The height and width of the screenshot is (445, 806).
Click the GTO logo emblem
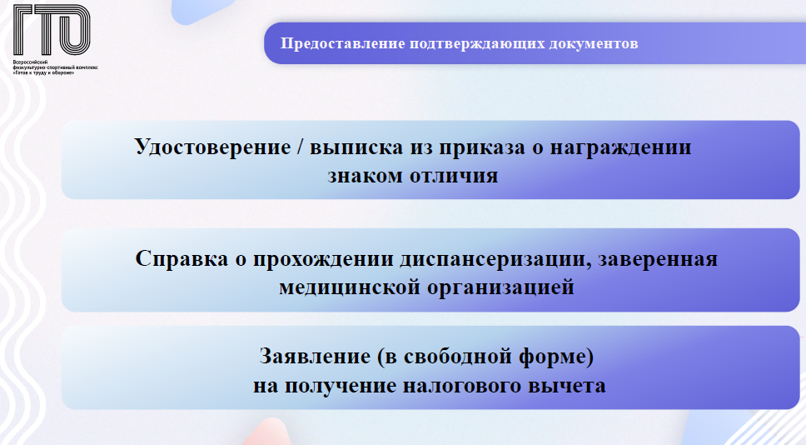click(52, 30)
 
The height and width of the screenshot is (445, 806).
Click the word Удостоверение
click(213, 147)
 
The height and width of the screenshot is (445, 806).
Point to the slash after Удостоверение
click(301, 147)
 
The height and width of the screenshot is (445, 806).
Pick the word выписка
click(356, 147)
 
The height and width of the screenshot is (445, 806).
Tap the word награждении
click(621, 147)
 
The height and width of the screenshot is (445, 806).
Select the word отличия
click(454, 176)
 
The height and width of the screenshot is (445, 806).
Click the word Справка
click(182, 258)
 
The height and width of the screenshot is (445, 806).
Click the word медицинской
click(350, 287)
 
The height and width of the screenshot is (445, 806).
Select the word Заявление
click(315, 357)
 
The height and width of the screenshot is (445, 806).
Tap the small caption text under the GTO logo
click(55, 67)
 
